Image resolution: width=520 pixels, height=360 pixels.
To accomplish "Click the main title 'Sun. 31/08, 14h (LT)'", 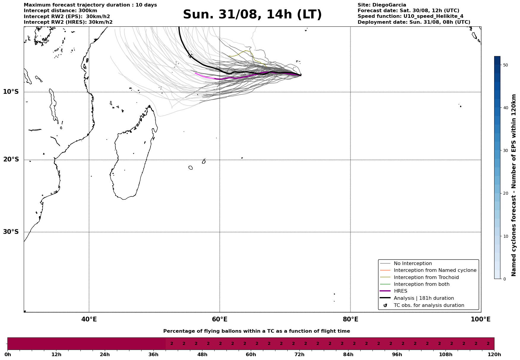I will [x=252, y=15].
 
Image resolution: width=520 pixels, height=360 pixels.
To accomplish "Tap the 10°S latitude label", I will [x=11, y=92].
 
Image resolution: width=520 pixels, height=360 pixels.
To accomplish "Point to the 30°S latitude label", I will [x=11, y=232].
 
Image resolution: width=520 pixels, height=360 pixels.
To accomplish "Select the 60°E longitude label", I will [x=220, y=319].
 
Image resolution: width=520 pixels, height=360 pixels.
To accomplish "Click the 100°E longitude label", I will [x=481, y=319].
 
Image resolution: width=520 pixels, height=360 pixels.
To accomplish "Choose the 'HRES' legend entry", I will [x=400, y=291].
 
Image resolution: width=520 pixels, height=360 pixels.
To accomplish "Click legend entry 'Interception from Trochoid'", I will [x=426, y=277].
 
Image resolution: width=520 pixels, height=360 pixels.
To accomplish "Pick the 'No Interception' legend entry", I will [x=413, y=264].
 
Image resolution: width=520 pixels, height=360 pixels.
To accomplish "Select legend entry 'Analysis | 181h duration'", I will [x=424, y=298].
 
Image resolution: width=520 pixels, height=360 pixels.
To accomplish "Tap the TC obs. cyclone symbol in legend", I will [x=385, y=305].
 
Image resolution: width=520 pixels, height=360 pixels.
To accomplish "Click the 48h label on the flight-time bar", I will [x=202, y=355].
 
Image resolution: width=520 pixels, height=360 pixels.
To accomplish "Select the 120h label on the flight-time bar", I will [x=494, y=355].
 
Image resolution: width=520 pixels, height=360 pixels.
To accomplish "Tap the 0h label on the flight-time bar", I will [x=8, y=355].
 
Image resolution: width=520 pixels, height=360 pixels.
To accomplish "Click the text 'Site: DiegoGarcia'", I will [x=382, y=5].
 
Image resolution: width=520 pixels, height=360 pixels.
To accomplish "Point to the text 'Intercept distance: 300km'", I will [x=60, y=11].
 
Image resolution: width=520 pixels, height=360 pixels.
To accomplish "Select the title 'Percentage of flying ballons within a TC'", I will [x=256, y=331].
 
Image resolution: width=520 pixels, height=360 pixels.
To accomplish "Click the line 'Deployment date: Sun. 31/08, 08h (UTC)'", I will [x=414, y=22].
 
